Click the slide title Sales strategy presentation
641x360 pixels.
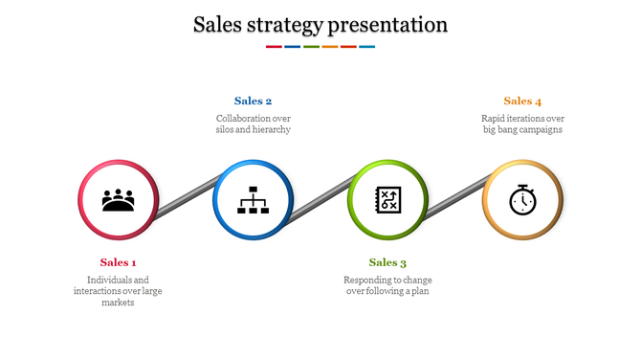[x=320, y=24]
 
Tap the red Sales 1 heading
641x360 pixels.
[x=119, y=262]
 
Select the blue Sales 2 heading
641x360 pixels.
[x=254, y=101]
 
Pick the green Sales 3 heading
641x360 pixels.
[x=387, y=262]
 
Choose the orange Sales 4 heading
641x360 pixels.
[x=522, y=101]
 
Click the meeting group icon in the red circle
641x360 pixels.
[x=119, y=200]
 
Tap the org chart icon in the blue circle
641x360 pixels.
[x=254, y=200]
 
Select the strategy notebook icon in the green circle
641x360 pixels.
[x=387, y=200]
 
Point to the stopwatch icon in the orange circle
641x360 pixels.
[x=522, y=200]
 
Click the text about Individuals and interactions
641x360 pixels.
[x=119, y=290]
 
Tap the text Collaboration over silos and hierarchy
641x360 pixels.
[x=254, y=124]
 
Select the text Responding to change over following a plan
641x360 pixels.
[x=387, y=285]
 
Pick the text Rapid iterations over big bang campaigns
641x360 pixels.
[x=522, y=124]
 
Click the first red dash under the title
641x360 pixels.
[x=274, y=46]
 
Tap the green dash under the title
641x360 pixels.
[x=311, y=46]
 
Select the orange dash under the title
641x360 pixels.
[x=330, y=46]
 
